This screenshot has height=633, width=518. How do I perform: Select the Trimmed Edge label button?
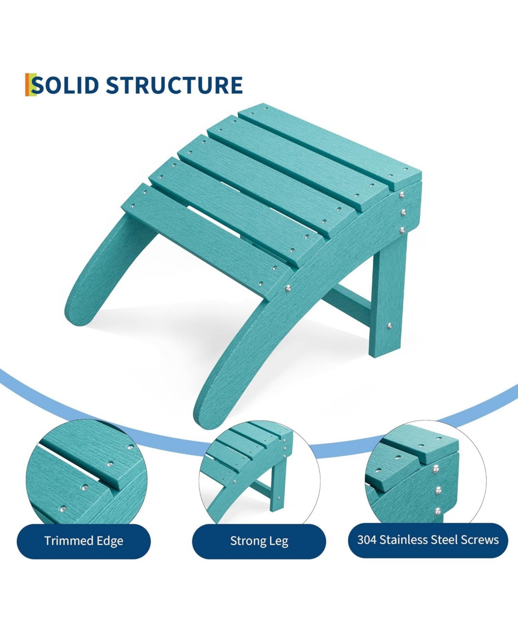click(x=84, y=541)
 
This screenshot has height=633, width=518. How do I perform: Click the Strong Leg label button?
click(x=259, y=541)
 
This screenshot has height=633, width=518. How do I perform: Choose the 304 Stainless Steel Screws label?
click(x=428, y=540)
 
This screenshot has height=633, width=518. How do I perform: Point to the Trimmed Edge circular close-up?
click(x=86, y=475)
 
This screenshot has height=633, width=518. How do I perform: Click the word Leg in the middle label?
click(x=279, y=541)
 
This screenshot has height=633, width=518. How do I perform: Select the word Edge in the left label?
click(x=110, y=541)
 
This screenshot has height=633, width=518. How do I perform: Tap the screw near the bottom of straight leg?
click(x=389, y=326)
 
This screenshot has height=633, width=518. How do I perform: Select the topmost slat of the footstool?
click(x=328, y=142)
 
